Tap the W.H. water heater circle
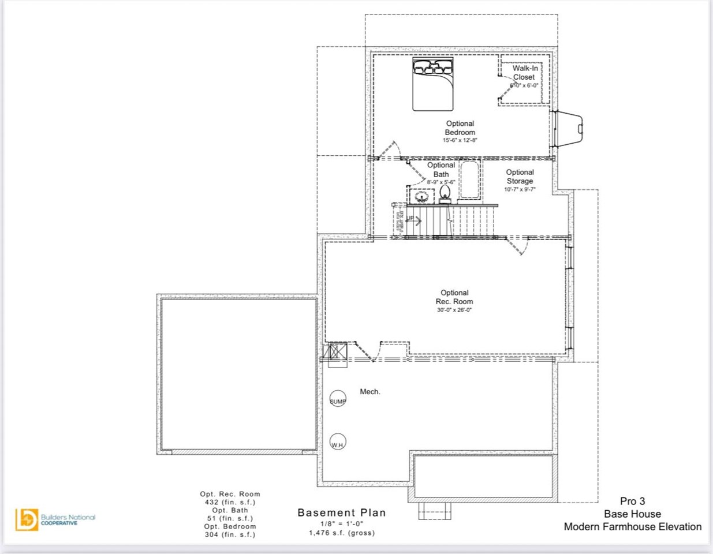pyautogui.click(x=338, y=443)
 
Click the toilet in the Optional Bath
pyautogui.click(x=445, y=193)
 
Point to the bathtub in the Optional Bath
pyautogui.click(x=469, y=180)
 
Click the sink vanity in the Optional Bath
pyautogui.click(x=421, y=196)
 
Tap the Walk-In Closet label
pyautogui.click(x=525, y=73)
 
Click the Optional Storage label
pyautogui.click(x=520, y=177)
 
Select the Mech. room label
pyautogui.click(x=370, y=392)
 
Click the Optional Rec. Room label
pyautogui.click(x=454, y=297)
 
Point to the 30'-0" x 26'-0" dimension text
pyautogui.click(x=454, y=310)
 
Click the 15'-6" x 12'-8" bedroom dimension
pyautogui.click(x=460, y=140)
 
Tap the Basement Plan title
pyautogui.click(x=342, y=512)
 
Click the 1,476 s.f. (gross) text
pyautogui.click(x=342, y=533)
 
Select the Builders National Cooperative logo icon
pyautogui.click(x=27, y=519)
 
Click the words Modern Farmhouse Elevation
pyautogui.click(x=633, y=526)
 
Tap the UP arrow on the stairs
pyautogui.click(x=413, y=219)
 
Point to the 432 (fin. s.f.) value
pyautogui.click(x=230, y=502)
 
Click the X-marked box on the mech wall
pyautogui.click(x=337, y=353)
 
